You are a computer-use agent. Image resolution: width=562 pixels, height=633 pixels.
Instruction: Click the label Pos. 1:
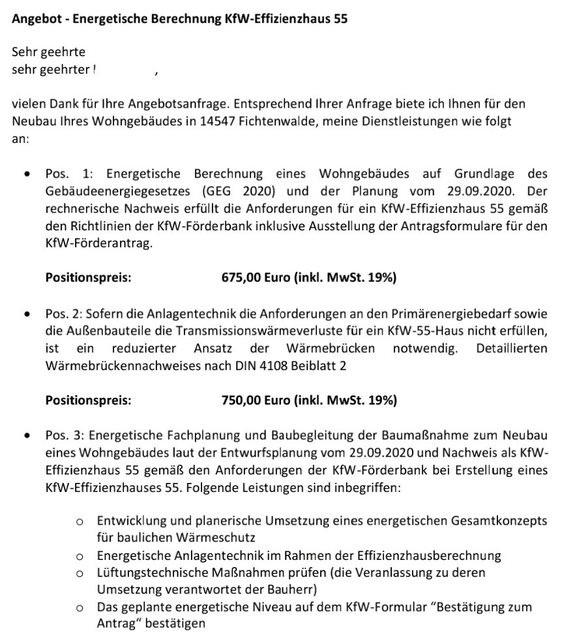coord(69,174)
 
